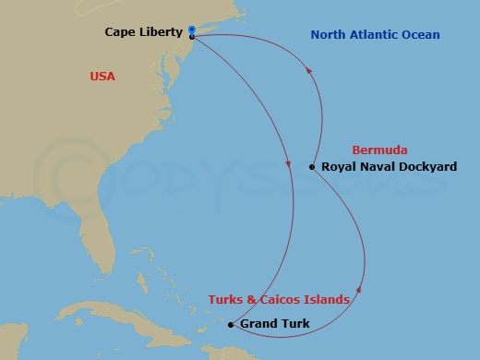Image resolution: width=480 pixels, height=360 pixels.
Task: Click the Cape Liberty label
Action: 144,31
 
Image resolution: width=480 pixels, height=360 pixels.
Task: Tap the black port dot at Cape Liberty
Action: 191,37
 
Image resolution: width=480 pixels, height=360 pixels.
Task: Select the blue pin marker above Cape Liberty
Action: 191,30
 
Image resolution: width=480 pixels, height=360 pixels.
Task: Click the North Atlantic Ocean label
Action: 376,35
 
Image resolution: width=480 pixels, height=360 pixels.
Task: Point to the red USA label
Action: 102,77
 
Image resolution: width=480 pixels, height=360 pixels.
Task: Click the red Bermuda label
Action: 379,150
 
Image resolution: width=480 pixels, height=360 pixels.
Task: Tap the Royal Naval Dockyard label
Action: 389,167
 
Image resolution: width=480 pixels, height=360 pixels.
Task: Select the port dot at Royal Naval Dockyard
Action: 312,167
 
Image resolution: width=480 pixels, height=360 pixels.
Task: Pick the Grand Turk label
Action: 274,324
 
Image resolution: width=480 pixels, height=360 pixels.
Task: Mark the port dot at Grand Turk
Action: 231,324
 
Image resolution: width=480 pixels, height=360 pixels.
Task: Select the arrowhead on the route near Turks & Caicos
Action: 359,288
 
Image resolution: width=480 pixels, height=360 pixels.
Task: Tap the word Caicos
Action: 301,299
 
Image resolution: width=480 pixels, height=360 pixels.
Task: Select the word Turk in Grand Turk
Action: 294,324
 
